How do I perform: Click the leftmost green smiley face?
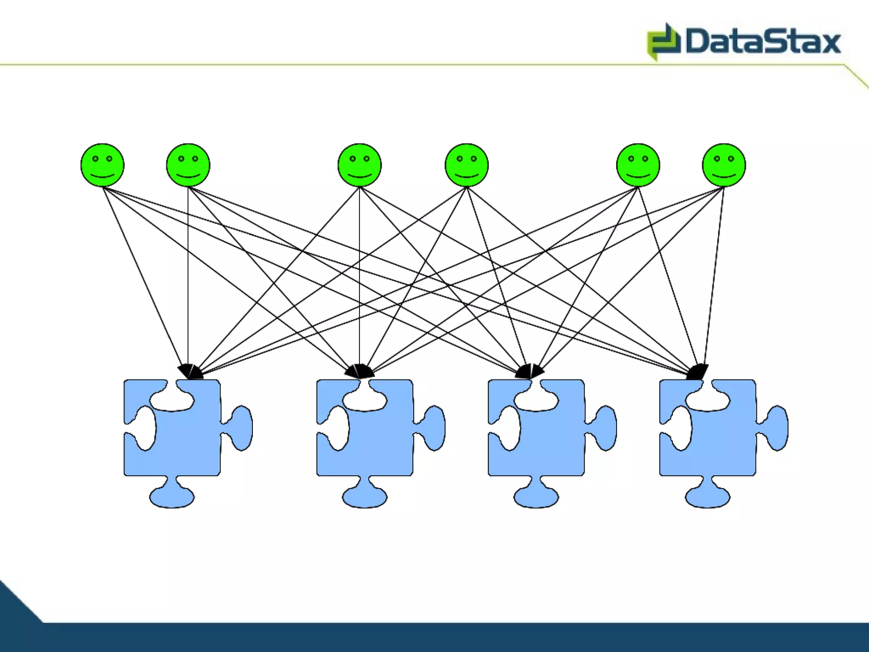pos(102,165)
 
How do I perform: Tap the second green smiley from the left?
pos(188,165)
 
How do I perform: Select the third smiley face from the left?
pos(359,165)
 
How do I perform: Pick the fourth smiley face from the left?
pos(466,165)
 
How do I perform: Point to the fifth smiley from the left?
pos(638,165)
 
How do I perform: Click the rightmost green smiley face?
pos(723,165)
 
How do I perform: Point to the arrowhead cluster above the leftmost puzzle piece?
pos(190,372)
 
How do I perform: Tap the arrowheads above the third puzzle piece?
pos(530,372)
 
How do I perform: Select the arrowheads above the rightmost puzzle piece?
pos(698,372)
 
